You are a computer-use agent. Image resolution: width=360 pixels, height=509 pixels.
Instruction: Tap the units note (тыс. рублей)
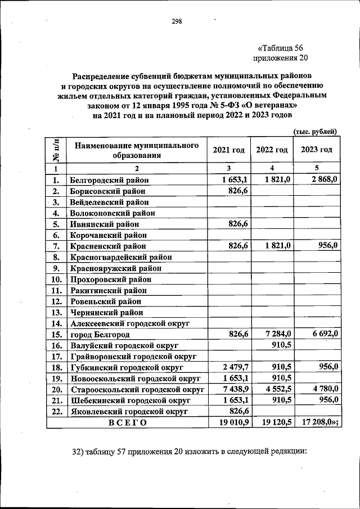316,131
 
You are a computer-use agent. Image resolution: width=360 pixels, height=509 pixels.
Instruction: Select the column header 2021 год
228,150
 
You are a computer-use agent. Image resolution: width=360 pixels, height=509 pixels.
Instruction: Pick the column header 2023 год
316,150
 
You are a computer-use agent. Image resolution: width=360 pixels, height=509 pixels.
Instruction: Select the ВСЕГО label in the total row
127,423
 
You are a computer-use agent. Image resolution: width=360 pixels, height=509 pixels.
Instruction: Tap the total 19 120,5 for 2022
274,423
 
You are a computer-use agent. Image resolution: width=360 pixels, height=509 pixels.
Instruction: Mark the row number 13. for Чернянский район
56,312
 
